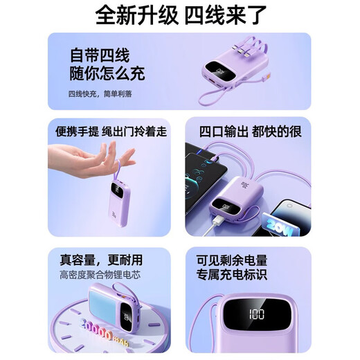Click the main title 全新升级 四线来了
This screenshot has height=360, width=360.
click(x=179, y=15)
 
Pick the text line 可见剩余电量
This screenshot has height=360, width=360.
click(x=233, y=260)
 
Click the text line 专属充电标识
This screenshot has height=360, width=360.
click(x=233, y=276)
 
